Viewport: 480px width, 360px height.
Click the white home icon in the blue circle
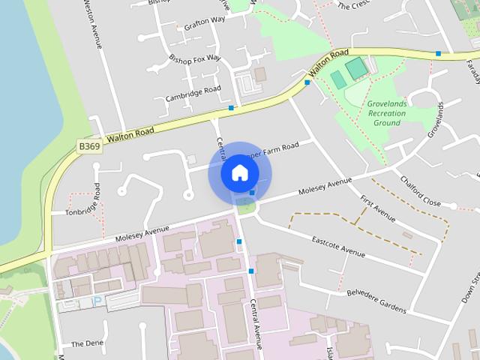[239, 172]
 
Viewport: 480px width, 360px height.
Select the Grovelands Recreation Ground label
[387, 112]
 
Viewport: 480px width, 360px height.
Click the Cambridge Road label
[193, 94]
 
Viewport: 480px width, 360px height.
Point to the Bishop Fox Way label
[195, 58]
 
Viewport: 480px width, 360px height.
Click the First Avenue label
[377, 208]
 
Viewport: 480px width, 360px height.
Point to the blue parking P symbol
[95, 301]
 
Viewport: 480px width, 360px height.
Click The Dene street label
[87, 343]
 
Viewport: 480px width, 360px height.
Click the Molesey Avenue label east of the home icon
[325, 187]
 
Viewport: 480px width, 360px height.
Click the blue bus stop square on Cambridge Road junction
[231, 108]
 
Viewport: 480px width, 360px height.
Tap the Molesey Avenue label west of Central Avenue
[142, 234]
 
